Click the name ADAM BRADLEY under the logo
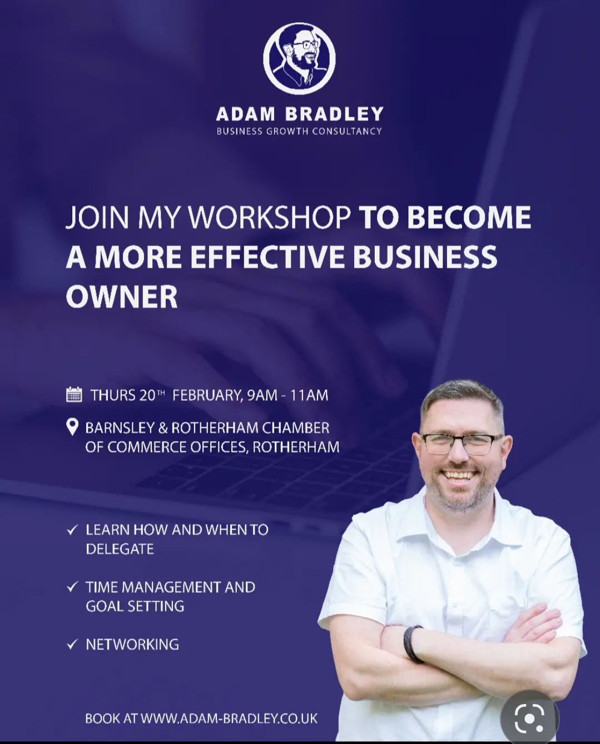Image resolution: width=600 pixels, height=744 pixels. (300, 114)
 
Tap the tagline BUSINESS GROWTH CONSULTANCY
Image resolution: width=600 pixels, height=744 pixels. (299, 131)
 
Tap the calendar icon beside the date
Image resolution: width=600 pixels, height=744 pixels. (74, 395)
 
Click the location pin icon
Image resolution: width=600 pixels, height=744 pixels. (72, 427)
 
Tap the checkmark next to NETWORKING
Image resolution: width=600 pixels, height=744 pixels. (72, 645)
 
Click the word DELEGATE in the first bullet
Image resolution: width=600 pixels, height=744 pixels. (120, 549)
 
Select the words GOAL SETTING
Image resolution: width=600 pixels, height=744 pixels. (135, 606)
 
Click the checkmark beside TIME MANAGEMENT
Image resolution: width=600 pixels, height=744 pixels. (72, 587)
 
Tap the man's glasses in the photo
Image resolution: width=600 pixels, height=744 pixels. (462, 443)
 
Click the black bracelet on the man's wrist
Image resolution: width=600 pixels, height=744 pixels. (414, 645)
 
